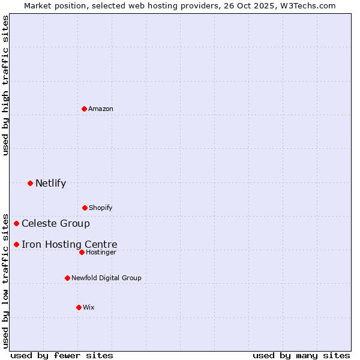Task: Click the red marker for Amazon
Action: pos(84,109)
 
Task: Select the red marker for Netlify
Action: pos(30,183)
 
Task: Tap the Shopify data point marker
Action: pos(85,208)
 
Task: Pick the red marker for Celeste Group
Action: pos(16,224)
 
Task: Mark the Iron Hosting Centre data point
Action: pos(16,244)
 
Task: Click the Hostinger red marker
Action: pos(82,252)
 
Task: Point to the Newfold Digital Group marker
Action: pos(67,278)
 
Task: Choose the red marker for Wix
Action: pos(79,307)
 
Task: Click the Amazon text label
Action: pos(101,109)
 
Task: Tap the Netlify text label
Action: pos(50,183)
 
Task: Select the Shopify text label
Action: pos(101,208)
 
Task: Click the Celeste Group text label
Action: pos(56,224)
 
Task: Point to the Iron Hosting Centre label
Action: pos(70,244)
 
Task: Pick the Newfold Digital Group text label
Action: pos(106,278)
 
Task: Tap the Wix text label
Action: pos(89,307)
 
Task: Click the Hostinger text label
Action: pos(101,252)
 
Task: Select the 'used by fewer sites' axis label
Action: pos(62,355)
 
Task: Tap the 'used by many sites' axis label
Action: pos(301,355)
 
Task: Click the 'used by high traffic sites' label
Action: pos(5,85)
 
